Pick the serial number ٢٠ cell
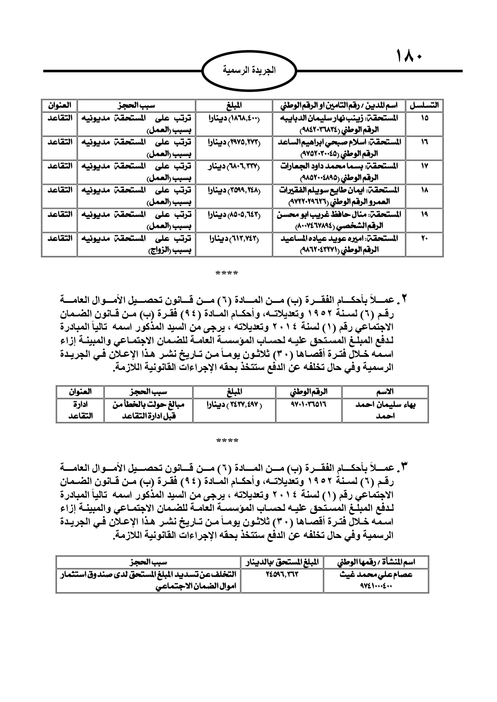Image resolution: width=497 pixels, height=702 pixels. (x=424, y=238)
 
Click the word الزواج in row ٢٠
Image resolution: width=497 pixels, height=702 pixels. (x=159, y=251)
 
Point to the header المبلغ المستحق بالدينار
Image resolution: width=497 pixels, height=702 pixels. (x=282, y=562)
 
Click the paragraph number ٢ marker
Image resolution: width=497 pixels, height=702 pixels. (x=404, y=299)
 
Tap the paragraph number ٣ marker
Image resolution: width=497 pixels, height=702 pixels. (x=404, y=466)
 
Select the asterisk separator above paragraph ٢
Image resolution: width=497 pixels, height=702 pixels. (x=227, y=274)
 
